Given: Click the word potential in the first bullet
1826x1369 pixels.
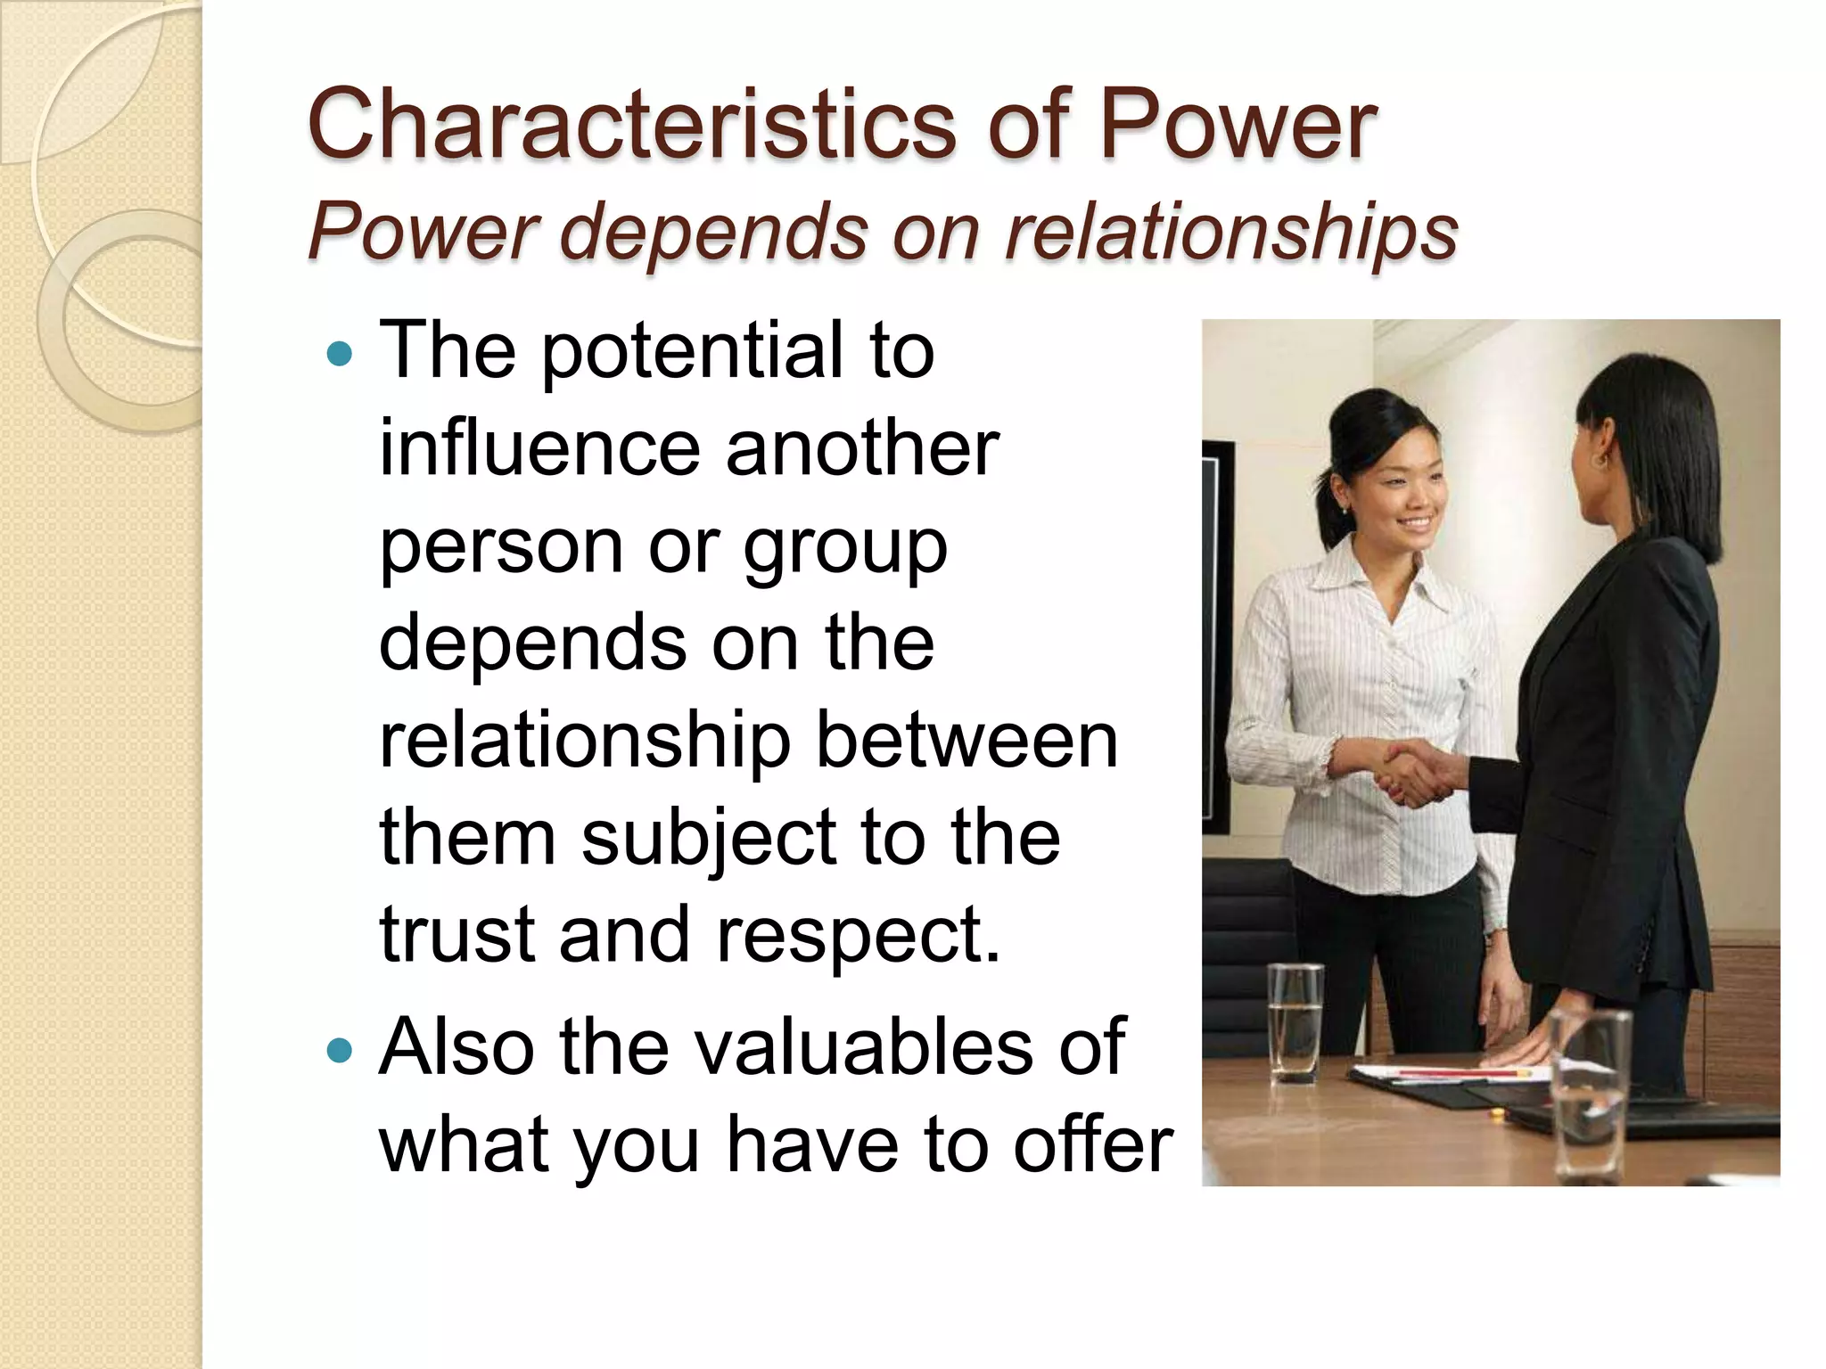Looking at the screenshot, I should point(691,353).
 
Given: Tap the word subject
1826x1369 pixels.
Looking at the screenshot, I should point(709,840).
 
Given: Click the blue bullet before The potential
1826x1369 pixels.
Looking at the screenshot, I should point(340,355).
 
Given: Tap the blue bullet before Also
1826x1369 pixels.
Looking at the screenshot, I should point(340,1051).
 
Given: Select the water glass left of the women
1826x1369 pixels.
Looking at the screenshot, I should point(1296,1021).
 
